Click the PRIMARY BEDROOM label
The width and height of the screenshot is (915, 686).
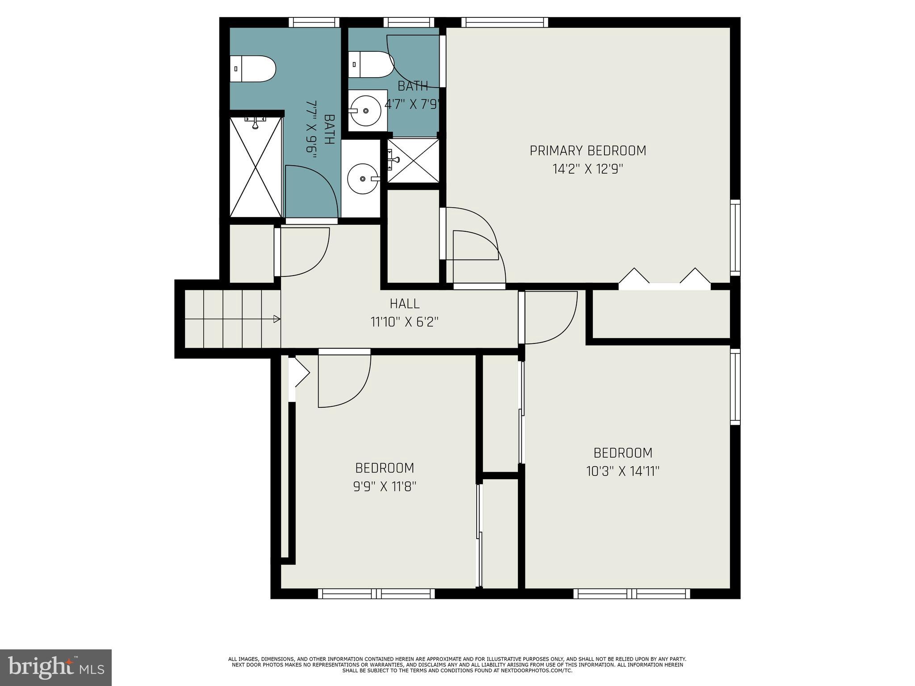pos(588,151)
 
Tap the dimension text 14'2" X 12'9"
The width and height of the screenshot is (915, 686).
pos(588,169)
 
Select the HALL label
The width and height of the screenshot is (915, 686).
pos(404,304)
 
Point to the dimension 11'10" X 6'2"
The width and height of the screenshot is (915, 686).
pos(404,322)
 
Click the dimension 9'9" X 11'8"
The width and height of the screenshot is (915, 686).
pos(385,486)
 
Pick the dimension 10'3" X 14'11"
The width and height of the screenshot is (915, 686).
pos(623,471)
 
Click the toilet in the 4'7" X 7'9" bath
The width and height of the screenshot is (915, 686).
pos(370,64)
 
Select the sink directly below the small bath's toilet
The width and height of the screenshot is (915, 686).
pos(367,110)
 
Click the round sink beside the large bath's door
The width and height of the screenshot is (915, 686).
pos(363,179)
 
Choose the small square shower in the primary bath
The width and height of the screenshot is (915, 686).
pos(413,160)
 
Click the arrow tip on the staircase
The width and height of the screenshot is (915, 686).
pos(277,319)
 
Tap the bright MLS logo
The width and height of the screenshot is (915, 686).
pos(55,667)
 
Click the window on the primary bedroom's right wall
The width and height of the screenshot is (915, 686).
pos(735,238)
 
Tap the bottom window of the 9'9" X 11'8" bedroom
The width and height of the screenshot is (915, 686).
pos(376,594)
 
